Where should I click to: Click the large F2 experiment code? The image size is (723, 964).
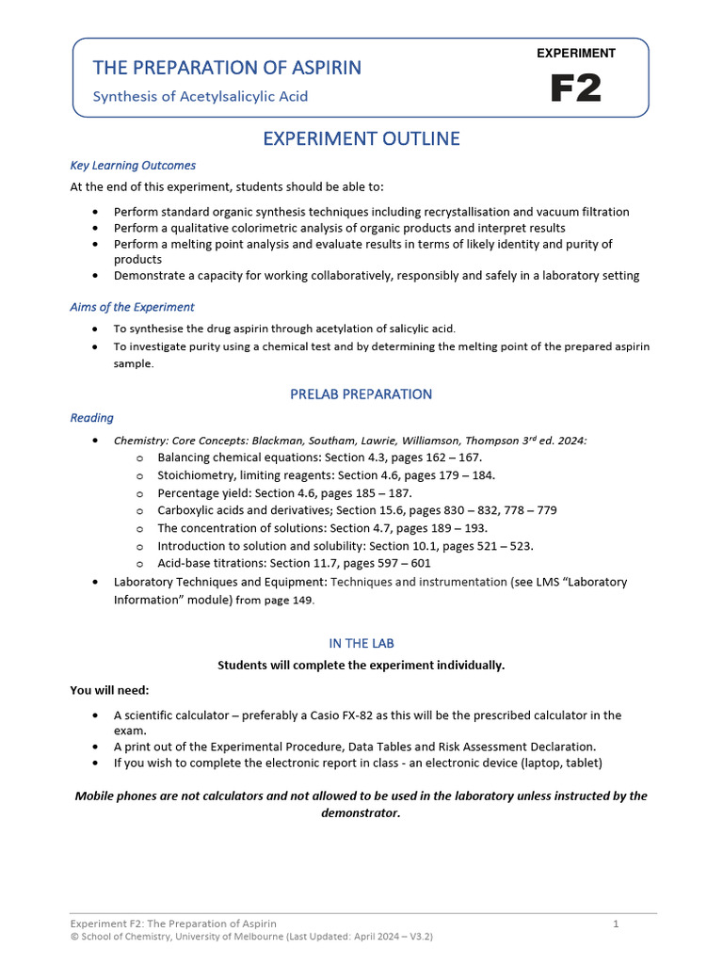coord(575,88)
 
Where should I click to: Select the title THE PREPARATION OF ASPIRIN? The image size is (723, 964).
coord(226,68)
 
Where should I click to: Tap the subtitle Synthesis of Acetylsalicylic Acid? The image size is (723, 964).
coord(200,96)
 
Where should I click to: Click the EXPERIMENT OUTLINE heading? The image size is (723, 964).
coord(361,139)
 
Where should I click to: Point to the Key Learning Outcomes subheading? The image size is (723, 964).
coord(133,166)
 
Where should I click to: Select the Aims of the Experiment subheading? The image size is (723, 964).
coord(132,307)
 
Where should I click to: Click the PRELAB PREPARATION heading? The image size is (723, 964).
coord(361,394)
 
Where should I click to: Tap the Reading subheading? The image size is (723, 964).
coord(91,418)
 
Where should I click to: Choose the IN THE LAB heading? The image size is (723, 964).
coord(361,643)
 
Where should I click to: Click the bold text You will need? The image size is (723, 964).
coord(109,690)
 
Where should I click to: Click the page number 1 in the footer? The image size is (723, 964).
coord(616,924)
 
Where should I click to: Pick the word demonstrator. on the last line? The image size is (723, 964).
coord(361,813)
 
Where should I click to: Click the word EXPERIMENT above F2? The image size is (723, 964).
coord(575,54)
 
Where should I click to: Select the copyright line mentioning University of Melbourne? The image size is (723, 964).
coord(251,937)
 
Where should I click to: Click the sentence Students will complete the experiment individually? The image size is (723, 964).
coord(361,666)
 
